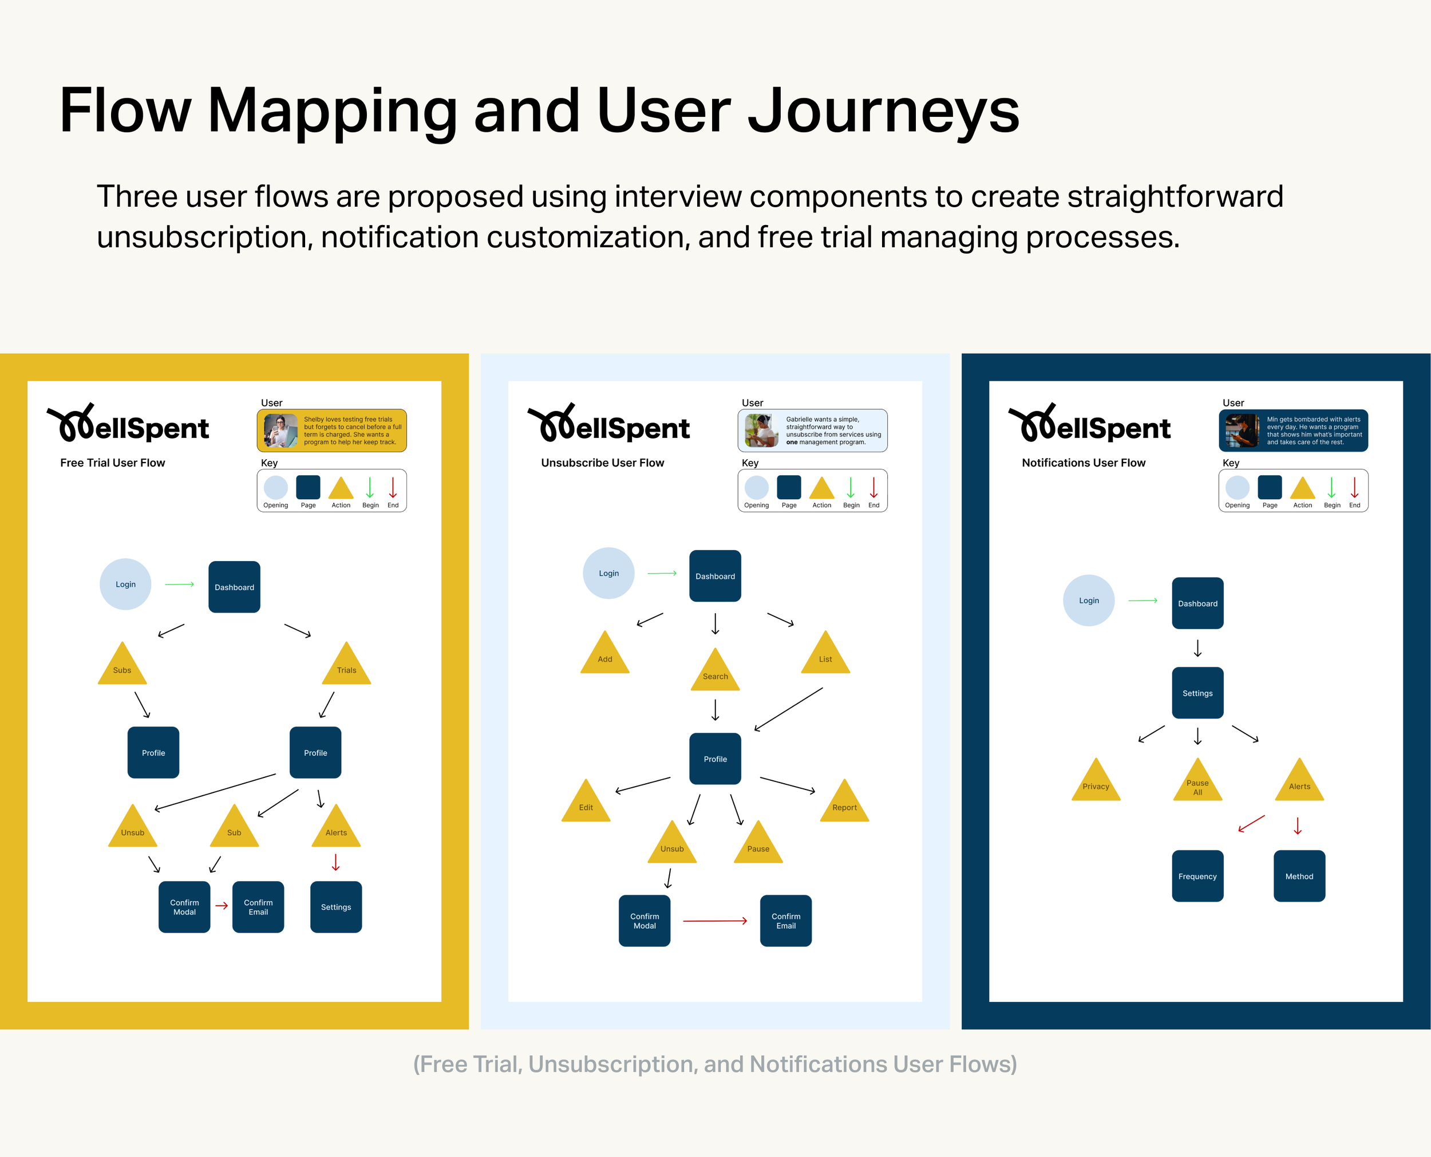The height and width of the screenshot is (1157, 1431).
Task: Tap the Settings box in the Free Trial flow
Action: point(336,907)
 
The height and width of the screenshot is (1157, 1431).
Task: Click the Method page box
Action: point(1299,876)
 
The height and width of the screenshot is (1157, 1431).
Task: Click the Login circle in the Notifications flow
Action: point(1089,600)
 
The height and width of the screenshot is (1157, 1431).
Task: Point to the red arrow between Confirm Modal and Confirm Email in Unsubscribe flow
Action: point(715,921)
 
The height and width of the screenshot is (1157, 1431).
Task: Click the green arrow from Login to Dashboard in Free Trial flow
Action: point(179,584)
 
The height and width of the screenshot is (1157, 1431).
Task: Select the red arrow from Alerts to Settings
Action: point(336,862)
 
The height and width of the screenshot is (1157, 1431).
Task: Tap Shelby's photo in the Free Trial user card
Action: point(280,431)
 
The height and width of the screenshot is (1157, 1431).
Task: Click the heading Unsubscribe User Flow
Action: point(602,463)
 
